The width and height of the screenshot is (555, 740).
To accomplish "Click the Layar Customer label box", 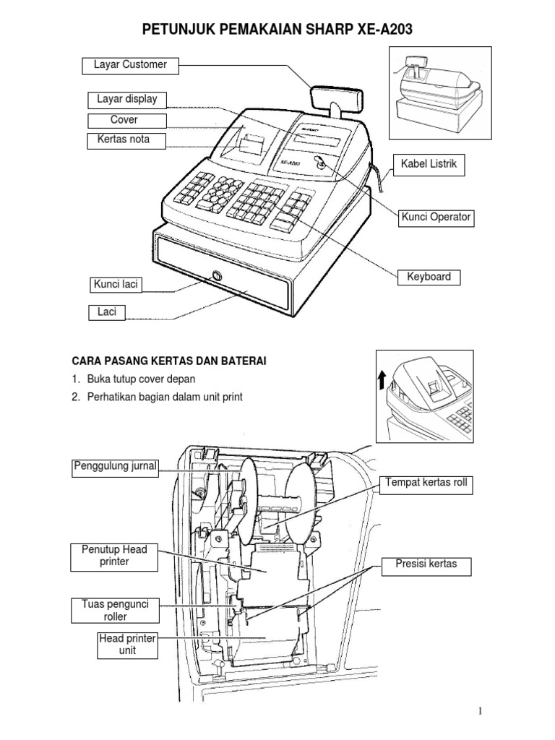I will (x=130, y=66).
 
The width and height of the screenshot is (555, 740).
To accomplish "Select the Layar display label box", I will (x=127, y=100).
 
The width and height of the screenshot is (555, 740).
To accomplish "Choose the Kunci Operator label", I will (x=436, y=217).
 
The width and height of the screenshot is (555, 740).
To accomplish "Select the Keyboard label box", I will (x=429, y=277).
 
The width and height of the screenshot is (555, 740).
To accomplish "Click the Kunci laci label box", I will (x=115, y=285).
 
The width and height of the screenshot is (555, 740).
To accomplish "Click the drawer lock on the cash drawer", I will (x=216, y=275).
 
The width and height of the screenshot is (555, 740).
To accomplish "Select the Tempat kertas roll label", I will (x=428, y=486).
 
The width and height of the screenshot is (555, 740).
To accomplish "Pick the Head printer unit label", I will (x=127, y=645).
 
